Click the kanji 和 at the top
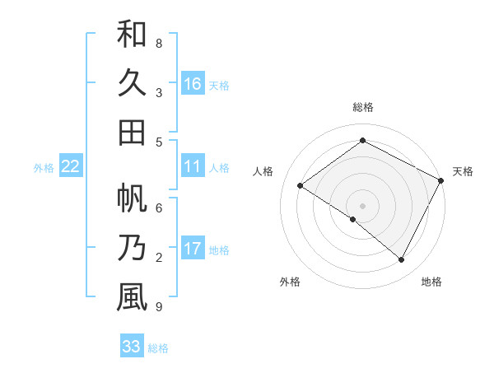(x=132, y=34)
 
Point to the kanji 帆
(x=132, y=198)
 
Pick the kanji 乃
(x=132, y=248)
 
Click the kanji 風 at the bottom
(x=132, y=297)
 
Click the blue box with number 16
(x=193, y=83)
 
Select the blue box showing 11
(x=193, y=166)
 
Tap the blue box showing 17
(x=193, y=249)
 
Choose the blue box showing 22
(x=71, y=166)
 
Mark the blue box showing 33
(x=132, y=347)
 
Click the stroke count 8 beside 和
(x=159, y=44)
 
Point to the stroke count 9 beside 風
(x=159, y=307)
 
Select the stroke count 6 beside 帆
(x=159, y=208)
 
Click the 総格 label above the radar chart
(x=362, y=107)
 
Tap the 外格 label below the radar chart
(x=290, y=282)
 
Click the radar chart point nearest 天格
(x=441, y=180)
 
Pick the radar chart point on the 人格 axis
(x=301, y=186)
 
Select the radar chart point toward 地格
(x=402, y=260)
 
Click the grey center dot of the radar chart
(x=362, y=205)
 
